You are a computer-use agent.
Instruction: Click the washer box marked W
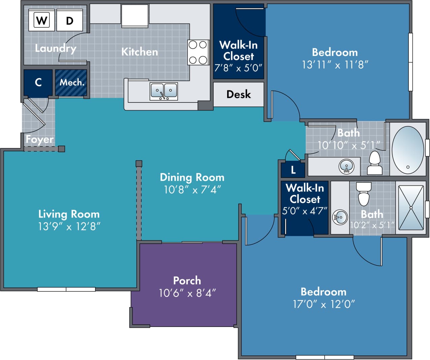(42, 20)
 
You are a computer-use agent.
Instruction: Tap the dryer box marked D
(69, 20)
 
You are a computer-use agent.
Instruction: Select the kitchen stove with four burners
(198, 52)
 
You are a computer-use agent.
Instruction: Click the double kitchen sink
(164, 91)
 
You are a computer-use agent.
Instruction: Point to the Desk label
(239, 94)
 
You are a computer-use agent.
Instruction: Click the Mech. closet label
(71, 82)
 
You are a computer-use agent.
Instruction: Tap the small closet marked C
(38, 82)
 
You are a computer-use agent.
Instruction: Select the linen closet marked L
(293, 170)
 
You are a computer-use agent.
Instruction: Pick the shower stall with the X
(411, 208)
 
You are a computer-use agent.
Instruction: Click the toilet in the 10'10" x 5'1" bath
(375, 163)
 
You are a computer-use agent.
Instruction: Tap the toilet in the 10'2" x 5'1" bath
(364, 194)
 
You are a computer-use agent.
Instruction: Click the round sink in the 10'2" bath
(340, 217)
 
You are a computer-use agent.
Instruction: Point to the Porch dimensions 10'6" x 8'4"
(187, 293)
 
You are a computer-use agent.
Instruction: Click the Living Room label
(69, 214)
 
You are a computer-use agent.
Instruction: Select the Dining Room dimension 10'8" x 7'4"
(192, 190)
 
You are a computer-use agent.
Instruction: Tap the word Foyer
(39, 139)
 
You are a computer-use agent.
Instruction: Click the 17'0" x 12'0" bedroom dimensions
(324, 304)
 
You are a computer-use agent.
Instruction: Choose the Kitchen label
(140, 52)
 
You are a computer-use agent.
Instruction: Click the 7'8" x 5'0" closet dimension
(238, 68)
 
